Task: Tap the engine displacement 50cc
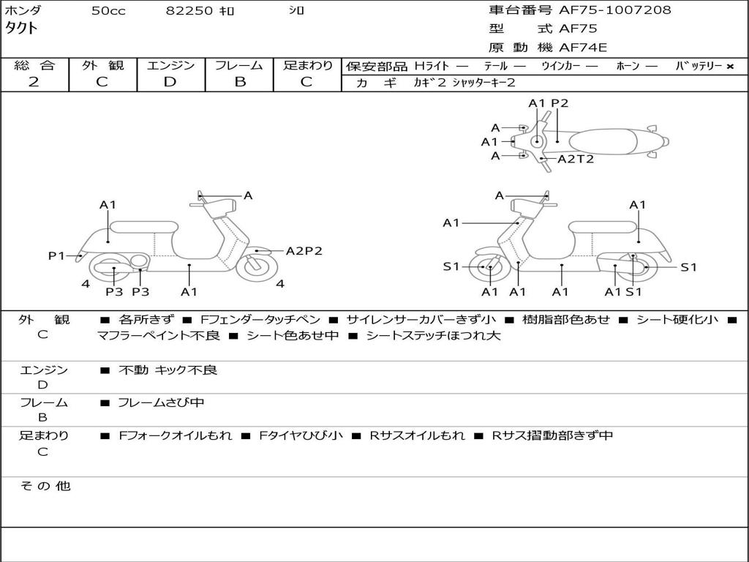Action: [x=108, y=11]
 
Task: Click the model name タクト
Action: [x=22, y=29]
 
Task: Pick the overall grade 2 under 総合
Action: [x=34, y=82]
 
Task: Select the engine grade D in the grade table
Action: [x=170, y=82]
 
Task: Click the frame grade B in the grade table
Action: [x=239, y=82]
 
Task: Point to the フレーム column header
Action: [x=239, y=66]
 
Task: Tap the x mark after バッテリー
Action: [x=729, y=67]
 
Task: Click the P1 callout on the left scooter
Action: [x=56, y=255]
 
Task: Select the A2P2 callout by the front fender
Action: [x=304, y=251]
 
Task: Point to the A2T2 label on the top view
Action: [x=576, y=159]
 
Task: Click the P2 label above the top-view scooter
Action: [x=560, y=103]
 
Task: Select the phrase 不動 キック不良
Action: [x=168, y=370]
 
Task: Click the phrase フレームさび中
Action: [x=161, y=402]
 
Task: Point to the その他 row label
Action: [x=45, y=486]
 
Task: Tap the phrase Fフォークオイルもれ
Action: [x=176, y=435]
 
